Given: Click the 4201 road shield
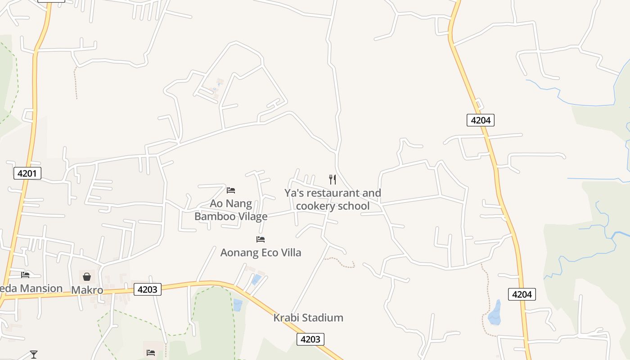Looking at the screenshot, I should pyautogui.click(x=27, y=173).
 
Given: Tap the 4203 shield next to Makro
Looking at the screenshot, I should pyautogui.click(x=148, y=289).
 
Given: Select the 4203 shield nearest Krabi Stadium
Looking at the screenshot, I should pyautogui.click(x=310, y=339).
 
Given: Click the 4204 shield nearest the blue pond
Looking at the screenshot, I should pyautogui.click(x=522, y=294).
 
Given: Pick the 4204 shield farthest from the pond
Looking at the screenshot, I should pyautogui.click(x=481, y=120).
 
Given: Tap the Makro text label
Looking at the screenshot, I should pyautogui.click(x=87, y=290).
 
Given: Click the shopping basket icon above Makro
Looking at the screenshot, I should pyautogui.click(x=87, y=276).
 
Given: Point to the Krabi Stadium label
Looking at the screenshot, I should pyautogui.click(x=308, y=318).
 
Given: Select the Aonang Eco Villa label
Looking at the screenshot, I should pyautogui.click(x=261, y=252).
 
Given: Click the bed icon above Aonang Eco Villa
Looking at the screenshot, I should pyautogui.click(x=261, y=239).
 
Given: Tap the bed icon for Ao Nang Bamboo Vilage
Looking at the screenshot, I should pyautogui.click(x=231, y=190).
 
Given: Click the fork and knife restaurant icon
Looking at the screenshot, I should pyautogui.click(x=333, y=180).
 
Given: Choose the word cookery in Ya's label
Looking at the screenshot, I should pyautogui.click(x=318, y=206).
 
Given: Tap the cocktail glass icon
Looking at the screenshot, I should pyautogui.click(x=34, y=355).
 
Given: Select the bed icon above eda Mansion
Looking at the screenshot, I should pyautogui.click(x=25, y=274).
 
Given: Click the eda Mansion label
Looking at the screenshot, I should pyautogui.click(x=31, y=288).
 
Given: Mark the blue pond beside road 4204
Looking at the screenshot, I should pyautogui.click(x=495, y=313).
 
